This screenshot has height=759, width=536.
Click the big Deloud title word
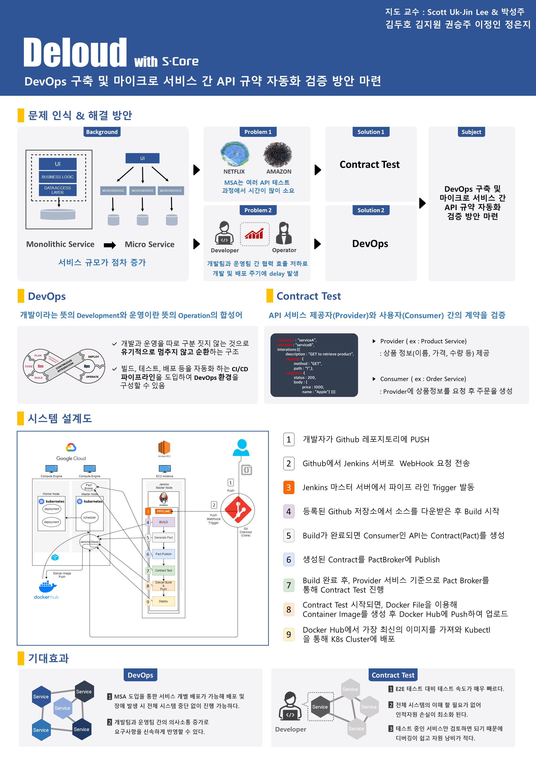click(75, 52)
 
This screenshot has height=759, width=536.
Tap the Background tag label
click(102, 132)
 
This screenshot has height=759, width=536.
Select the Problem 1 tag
click(258, 132)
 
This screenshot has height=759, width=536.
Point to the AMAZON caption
click(279, 172)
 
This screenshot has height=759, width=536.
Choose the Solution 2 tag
click(371, 210)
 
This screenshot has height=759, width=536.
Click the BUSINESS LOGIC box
click(58, 177)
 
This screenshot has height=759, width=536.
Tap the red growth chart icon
click(254, 234)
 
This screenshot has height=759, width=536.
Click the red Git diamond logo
click(238, 510)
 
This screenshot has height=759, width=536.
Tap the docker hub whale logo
click(47, 587)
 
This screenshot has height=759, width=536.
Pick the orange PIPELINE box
click(164, 511)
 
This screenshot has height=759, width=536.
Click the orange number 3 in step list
click(289, 487)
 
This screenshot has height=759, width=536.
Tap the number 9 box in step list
click(289, 634)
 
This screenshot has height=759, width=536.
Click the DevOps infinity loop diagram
click(64, 366)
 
